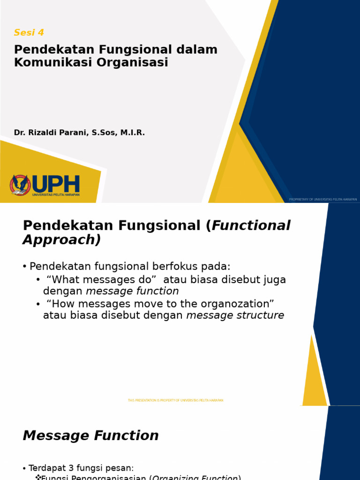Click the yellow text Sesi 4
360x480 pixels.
[29, 32]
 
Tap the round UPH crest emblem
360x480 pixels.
[20, 185]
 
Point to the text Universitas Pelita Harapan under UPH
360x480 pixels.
[56, 194]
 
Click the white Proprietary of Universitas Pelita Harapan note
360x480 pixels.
[323, 199]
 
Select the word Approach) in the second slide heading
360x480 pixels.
[61, 240]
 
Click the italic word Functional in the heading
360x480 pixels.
[251, 225]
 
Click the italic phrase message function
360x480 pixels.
[132, 291]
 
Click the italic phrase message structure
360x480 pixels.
[235, 315]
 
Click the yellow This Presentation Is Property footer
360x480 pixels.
[175, 400]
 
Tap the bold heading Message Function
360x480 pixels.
[91, 435]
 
